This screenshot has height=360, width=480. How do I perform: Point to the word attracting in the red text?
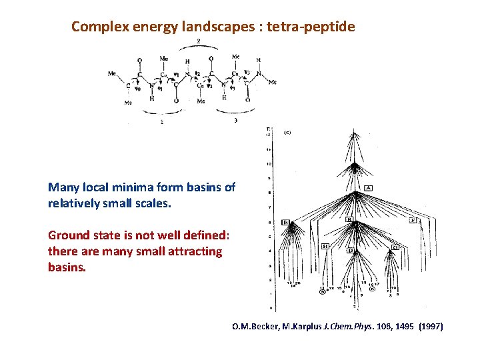tap(197, 251)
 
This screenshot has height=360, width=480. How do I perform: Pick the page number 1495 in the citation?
tap(399, 327)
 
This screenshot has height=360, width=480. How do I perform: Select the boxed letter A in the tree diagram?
tap(368, 187)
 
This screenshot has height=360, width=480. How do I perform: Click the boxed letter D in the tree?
tap(350, 251)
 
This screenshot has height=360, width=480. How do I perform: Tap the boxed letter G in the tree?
tap(395, 247)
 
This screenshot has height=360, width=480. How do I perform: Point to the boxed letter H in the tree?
tap(325, 246)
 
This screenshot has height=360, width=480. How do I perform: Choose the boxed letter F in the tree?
tap(413, 219)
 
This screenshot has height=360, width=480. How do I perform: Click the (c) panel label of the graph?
tap(287, 133)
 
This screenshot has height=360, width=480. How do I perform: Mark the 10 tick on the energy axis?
tap(269, 163)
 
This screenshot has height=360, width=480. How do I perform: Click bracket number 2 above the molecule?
tap(198, 41)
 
